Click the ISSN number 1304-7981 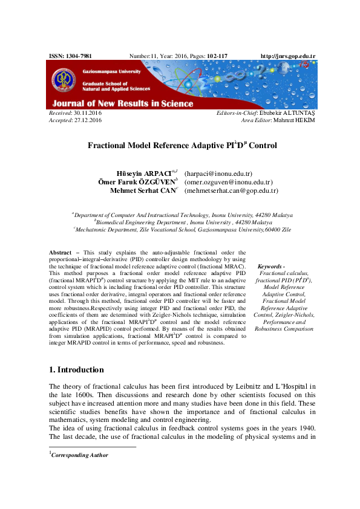click(x=79, y=56)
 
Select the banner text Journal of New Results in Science click(x=123, y=103)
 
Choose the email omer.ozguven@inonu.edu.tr click(x=229, y=182)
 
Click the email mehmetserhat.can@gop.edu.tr click(x=231, y=190)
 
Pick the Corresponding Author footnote click(x=80, y=455)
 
